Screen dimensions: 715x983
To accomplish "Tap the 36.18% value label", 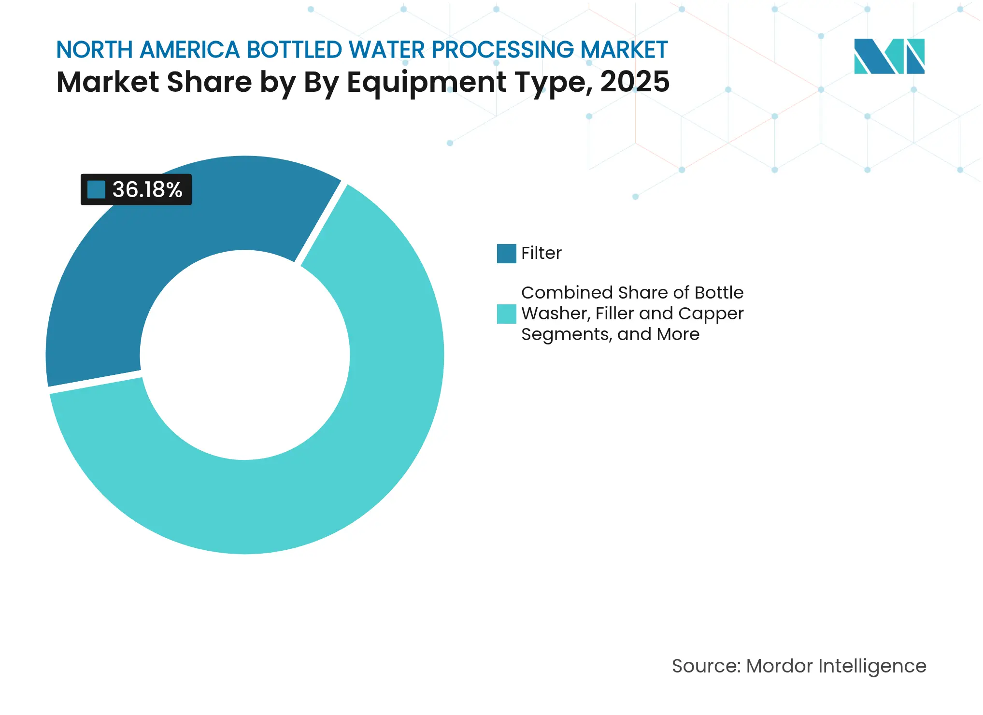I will [147, 189].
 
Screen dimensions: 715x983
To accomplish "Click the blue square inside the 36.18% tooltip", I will [96, 189].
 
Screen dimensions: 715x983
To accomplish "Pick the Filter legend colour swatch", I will [506, 253].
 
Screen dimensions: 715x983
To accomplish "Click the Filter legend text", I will [541, 253].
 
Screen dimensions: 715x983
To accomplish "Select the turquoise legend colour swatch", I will [506, 314].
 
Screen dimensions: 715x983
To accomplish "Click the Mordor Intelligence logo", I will [889, 56].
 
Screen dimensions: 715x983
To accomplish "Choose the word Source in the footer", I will [706, 666].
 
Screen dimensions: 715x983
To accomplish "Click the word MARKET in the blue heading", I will [624, 50].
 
